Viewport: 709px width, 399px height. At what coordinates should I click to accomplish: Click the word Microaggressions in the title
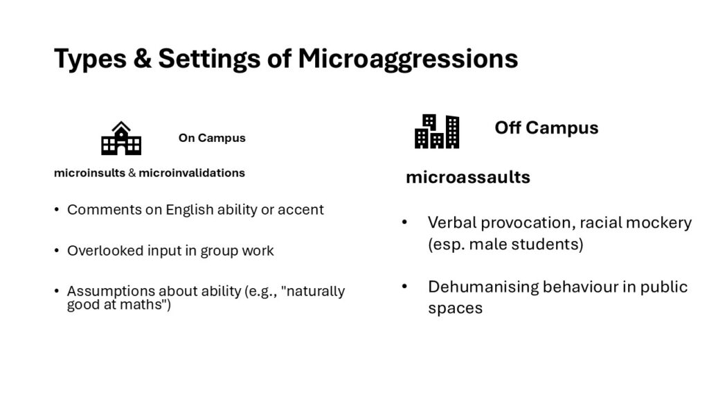(x=408, y=60)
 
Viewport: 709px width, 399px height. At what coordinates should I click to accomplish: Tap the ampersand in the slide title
(x=143, y=58)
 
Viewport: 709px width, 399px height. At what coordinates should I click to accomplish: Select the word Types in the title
(x=90, y=60)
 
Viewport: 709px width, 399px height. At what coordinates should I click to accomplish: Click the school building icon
(x=121, y=138)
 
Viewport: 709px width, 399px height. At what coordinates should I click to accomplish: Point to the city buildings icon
(x=437, y=131)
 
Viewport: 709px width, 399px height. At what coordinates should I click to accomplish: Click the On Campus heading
(x=212, y=138)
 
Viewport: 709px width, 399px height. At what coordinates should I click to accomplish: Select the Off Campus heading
(x=546, y=128)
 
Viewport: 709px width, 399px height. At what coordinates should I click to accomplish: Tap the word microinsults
(x=89, y=172)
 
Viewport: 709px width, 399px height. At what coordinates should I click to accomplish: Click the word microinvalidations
(x=192, y=172)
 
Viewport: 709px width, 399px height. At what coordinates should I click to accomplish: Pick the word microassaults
(x=468, y=177)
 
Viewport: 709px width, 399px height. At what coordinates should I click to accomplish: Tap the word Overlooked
(x=105, y=251)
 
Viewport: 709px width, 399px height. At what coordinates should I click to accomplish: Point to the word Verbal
(x=452, y=222)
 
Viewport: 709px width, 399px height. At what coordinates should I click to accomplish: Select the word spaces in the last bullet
(x=456, y=309)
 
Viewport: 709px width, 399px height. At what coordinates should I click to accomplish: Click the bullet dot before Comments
(x=57, y=210)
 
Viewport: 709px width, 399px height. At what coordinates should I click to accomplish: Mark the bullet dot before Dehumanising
(x=404, y=287)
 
